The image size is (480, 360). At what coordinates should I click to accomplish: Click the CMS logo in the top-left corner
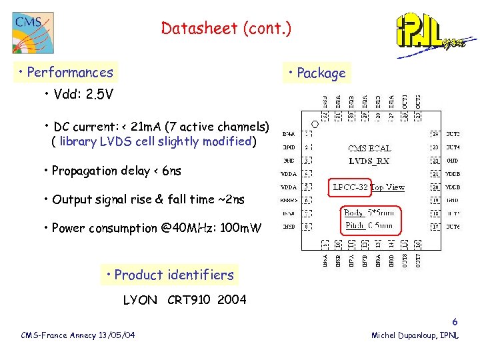(x=32, y=31)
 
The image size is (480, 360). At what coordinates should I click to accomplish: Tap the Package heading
(x=317, y=73)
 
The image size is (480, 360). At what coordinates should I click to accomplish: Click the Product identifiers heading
(x=169, y=275)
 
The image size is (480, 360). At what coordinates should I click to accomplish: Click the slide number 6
(x=455, y=321)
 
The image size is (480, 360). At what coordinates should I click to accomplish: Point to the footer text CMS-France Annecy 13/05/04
(x=78, y=335)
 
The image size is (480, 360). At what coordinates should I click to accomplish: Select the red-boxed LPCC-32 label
(x=351, y=187)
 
